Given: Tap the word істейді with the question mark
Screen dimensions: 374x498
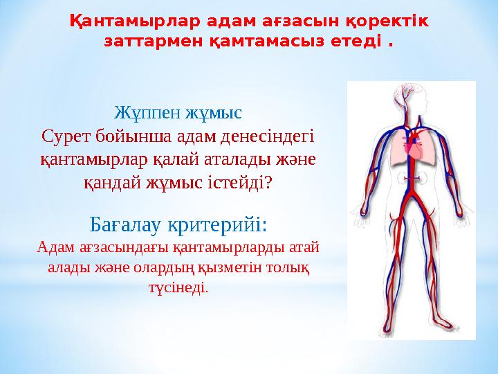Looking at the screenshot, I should (243, 182).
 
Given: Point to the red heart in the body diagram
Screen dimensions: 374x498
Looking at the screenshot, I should (414, 148).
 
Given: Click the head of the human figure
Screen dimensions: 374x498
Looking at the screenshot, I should (412, 97).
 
